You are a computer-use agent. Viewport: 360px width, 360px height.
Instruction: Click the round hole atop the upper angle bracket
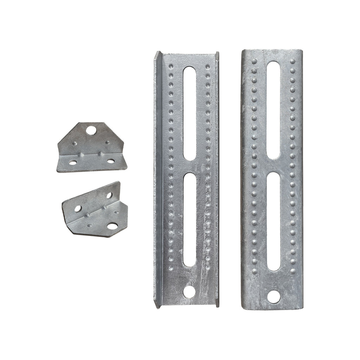point(91,131)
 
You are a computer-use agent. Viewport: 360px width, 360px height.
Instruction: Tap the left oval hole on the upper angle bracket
point(73,162)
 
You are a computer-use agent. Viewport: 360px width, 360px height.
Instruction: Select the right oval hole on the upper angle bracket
point(111,161)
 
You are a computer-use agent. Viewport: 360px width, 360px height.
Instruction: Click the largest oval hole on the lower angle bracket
point(112,226)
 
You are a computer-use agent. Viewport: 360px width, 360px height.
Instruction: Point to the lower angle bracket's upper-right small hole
point(109,195)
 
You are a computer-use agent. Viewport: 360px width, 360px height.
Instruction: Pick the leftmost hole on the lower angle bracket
point(78,208)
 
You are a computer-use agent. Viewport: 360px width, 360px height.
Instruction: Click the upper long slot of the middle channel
point(189,113)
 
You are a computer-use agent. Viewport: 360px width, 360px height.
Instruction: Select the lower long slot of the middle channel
point(189,219)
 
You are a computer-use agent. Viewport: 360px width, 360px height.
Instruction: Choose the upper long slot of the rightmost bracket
point(273,110)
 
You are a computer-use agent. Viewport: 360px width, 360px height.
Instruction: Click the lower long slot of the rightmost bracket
point(274,223)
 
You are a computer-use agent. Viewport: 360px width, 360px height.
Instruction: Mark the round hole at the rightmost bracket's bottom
point(274,297)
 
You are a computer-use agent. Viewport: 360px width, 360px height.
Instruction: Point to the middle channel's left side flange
point(157,179)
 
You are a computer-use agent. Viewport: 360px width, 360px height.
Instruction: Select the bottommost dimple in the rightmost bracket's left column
point(254,271)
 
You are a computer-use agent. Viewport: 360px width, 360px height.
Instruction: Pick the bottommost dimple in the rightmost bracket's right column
point(293,271)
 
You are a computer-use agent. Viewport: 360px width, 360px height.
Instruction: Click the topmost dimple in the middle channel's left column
point(171,66)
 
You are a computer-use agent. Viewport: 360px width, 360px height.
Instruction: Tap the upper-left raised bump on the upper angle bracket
point(74,144)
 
